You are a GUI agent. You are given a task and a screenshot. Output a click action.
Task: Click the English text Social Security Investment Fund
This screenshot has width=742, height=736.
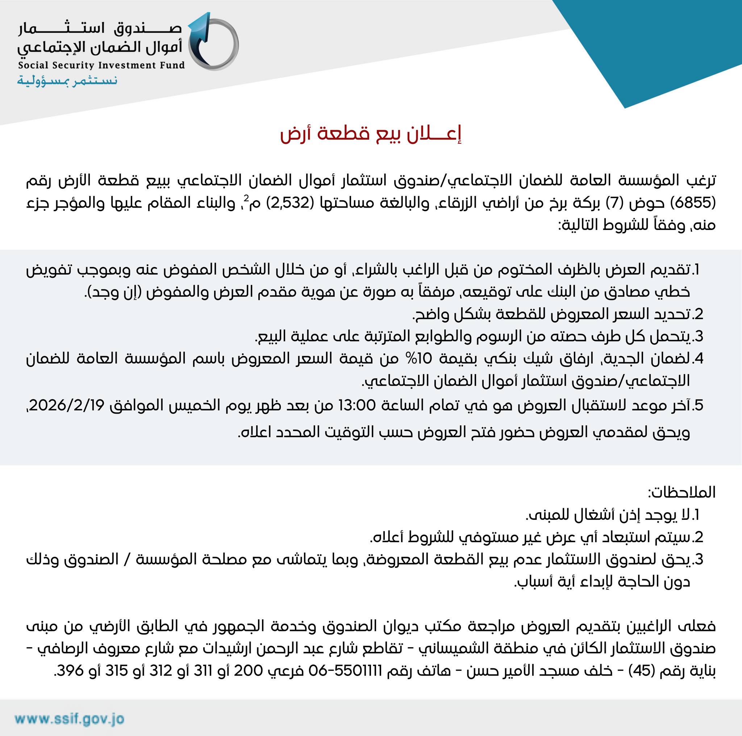(x=101, y=65)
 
